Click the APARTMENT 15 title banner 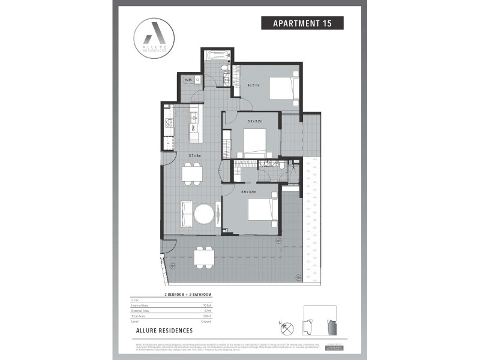click(x=302, y=23)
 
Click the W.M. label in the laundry click(x=188, y=80)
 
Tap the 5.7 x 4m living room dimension click(x=194, y=156)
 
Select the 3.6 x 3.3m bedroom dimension click(x=248, y=192)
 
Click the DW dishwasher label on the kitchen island click(x=193, y=127)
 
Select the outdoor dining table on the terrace click(x=205, y=257)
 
